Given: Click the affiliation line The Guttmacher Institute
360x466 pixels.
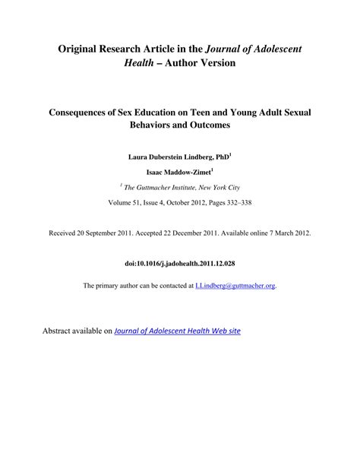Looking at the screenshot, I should [180, 187].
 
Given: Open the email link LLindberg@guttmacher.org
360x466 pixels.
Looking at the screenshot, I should [235, 286].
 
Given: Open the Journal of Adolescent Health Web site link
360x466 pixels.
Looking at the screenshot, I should [177, 331].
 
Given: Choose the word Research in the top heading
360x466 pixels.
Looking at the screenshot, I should [141, 48].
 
